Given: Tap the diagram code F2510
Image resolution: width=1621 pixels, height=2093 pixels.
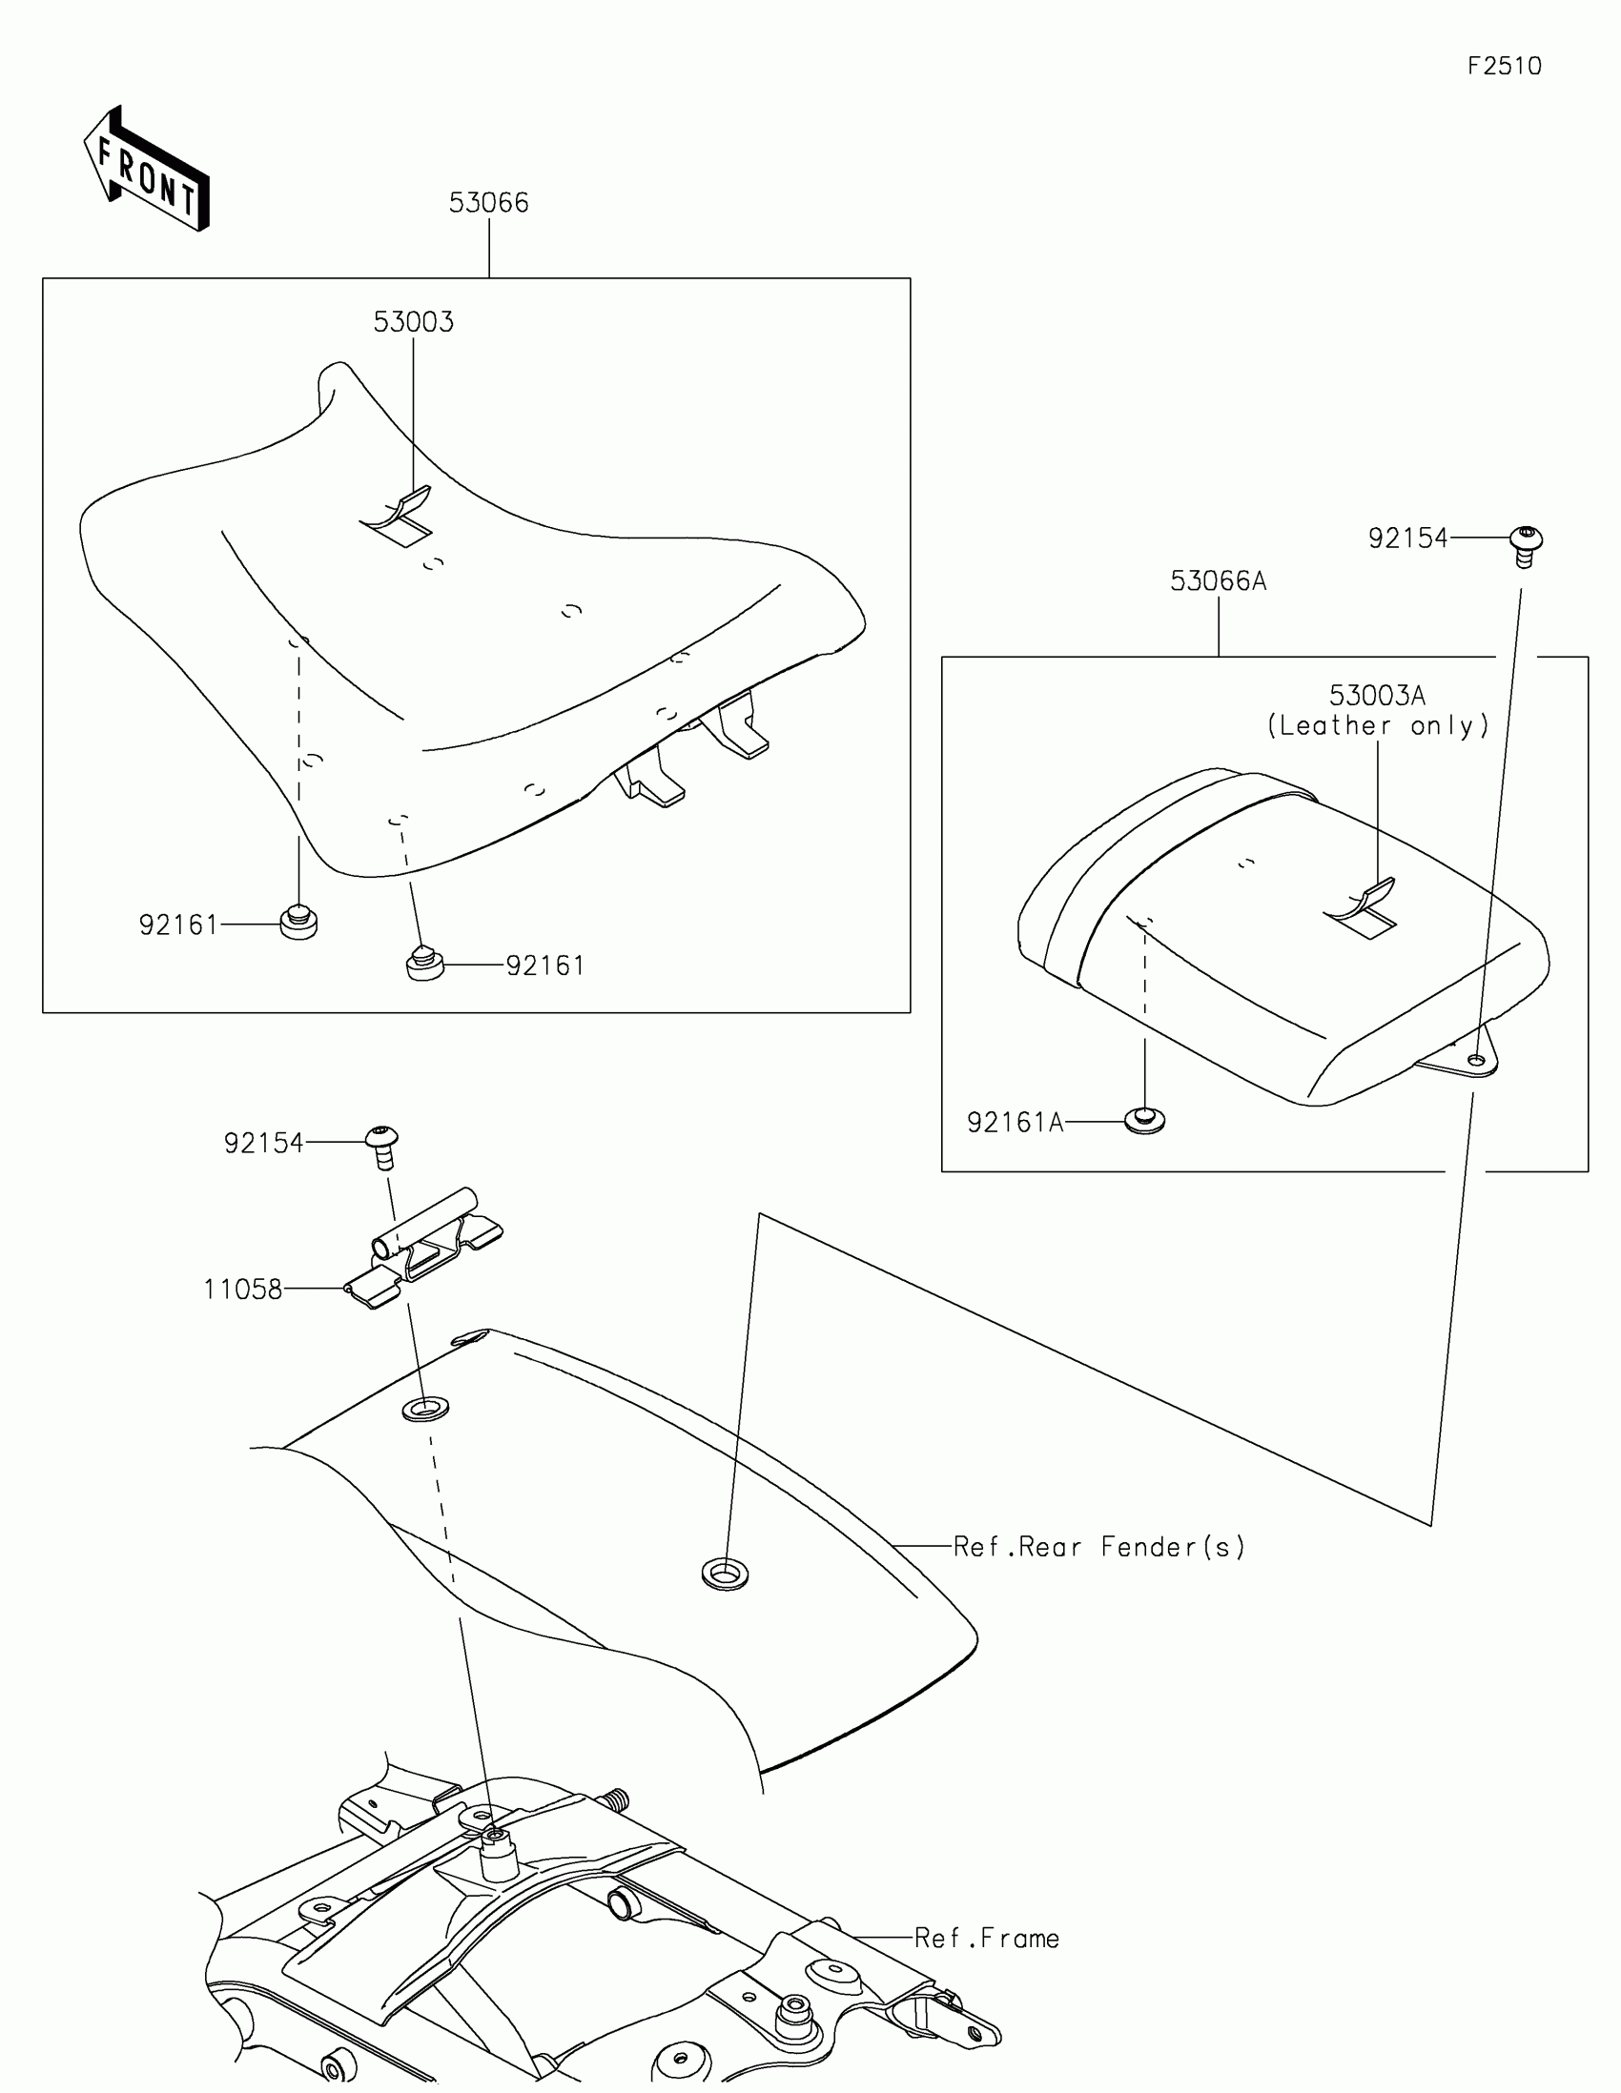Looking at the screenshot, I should [x=1504, y=66].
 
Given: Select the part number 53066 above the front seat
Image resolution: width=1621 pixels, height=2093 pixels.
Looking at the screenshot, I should [x=489, y=202].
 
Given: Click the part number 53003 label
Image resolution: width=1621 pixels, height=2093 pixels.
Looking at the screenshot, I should [x=413, y=322].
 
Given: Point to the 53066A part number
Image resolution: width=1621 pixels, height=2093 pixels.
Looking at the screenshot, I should [x=1218, y=580].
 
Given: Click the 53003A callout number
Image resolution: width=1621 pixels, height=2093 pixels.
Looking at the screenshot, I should [x=1377, y=695].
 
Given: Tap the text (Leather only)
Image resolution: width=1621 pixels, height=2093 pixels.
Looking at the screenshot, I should [x=1378, y=725].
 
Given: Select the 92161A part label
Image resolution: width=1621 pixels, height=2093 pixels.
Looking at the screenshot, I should [x=1016, y=1122].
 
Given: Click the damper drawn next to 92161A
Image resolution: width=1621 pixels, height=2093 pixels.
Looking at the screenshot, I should [x=1145, y=1119].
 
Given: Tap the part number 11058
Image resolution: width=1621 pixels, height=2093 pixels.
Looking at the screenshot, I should [x=242, y=1290].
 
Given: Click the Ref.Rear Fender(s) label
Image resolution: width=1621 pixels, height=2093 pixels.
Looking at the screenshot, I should [x=1098, y=1547].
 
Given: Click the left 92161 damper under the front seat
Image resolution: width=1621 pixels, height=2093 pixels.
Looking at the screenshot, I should [x=299, y=922].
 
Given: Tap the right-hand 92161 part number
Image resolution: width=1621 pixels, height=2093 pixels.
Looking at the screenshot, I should [x=544, y=965].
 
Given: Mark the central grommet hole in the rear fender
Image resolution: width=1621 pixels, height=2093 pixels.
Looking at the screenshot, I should [x=726, y=1573].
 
